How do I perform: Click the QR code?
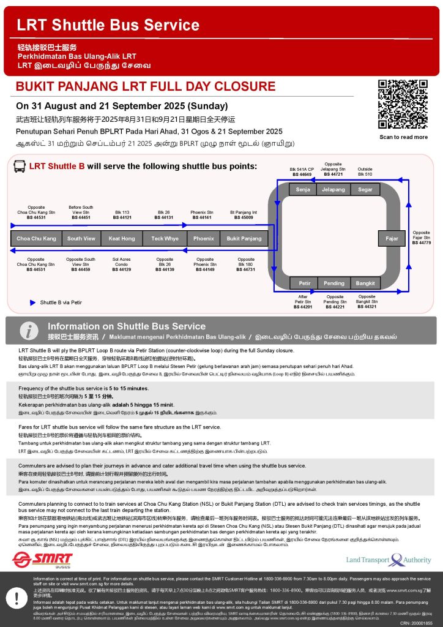(x=403, y=104)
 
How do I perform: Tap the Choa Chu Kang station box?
(x=36, y=238)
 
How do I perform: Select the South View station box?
(x=81, y=238)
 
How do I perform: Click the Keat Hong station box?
(x=122, y=238)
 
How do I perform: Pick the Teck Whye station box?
(x=165, y=238)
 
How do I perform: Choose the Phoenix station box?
(x=204, y=238)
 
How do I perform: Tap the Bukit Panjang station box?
(x=244, y=238)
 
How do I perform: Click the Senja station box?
(x=302, y=190)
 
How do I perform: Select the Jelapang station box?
(x=333, y=190)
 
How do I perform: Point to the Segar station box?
(x=365, y=190)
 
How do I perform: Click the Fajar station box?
(x=392, y=238)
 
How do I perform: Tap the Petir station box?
(x=304, y=283)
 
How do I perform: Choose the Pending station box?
(x=334, y=283)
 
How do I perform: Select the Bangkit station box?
(x=365, y=283)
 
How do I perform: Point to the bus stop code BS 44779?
(x=422, y=243)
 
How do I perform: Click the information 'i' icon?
(x=28, y=331)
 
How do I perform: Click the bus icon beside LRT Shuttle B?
(x=19, y=167)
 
